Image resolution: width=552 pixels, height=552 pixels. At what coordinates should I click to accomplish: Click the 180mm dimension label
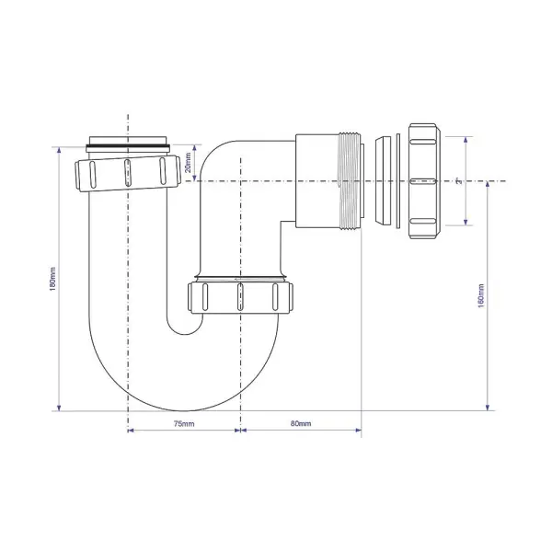tap(52, 277)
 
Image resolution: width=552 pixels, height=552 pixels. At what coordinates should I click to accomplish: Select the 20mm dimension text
tap(188, 163)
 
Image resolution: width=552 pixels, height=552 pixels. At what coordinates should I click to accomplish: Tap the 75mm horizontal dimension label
tap(183, 423)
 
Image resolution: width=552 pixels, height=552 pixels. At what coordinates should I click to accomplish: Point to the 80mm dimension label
tap(301, 423)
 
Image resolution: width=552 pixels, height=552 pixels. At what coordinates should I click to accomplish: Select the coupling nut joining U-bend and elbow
tap(239, 298)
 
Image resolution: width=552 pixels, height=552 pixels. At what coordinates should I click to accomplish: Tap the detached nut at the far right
tap(424, 182)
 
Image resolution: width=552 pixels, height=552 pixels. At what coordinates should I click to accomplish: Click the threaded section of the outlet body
tap(349, 182)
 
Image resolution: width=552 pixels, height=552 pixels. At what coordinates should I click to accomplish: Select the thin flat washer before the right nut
tap(396, 182)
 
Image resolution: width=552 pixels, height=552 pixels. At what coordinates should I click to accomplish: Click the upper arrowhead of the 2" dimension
tap(466, 144)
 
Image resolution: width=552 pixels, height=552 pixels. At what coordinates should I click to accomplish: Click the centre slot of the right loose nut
tap(420, 182)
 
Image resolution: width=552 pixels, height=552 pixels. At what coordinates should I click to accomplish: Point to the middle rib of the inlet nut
tap(127, 172)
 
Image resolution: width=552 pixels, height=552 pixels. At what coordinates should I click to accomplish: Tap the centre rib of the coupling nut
tap(239, 298)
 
